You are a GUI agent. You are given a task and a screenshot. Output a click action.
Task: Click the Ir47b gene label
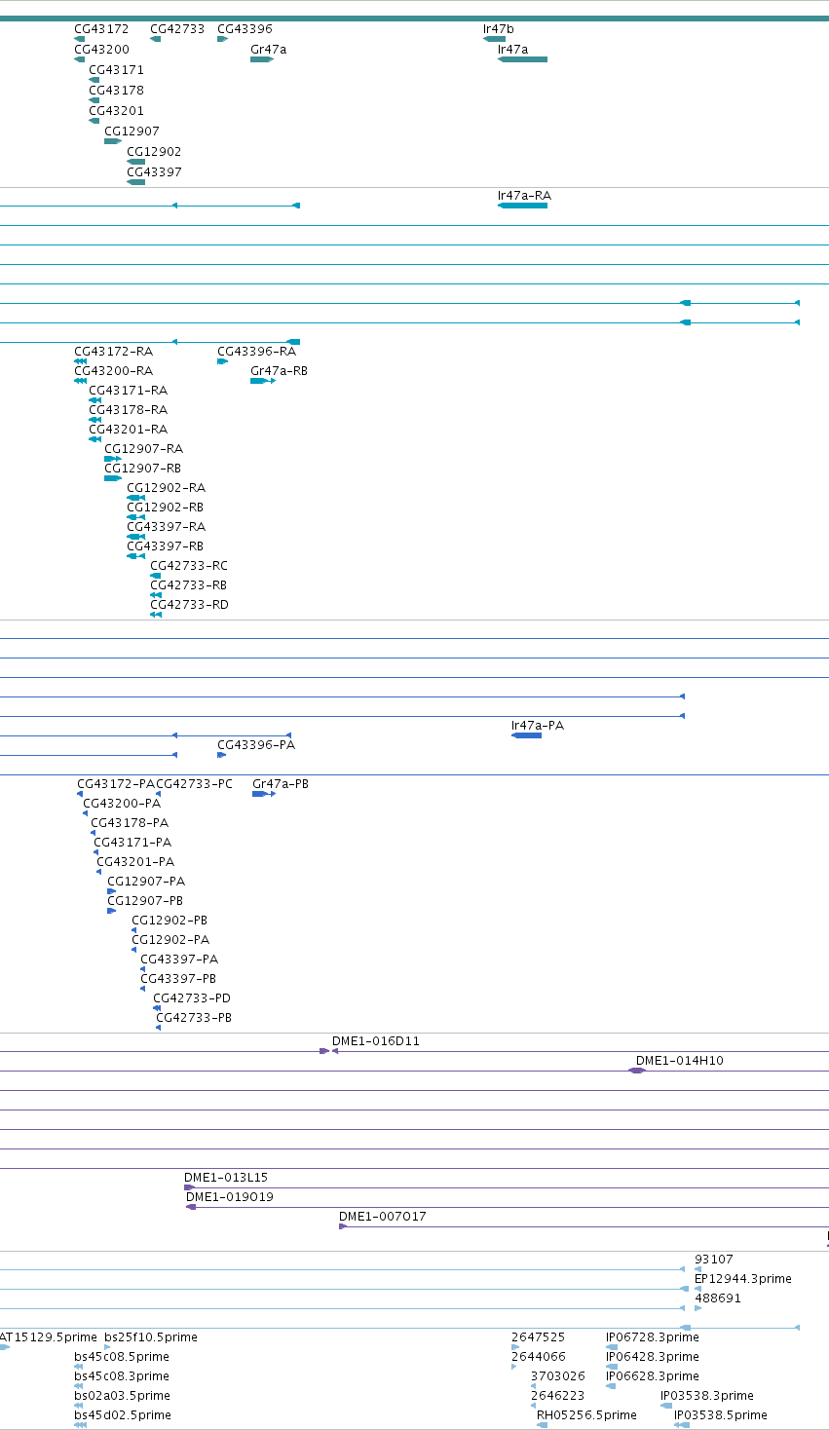coord(498,29)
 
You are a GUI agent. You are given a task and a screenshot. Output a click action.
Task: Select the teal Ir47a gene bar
coord(523,59)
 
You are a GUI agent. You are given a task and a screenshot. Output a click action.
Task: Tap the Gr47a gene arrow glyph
coord(262,59)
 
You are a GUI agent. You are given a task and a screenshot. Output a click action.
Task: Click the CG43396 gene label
coord(245,29)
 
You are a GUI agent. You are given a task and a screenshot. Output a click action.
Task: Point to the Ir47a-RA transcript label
coord(524,196)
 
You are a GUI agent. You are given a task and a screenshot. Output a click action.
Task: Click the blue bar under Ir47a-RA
coord(523,206)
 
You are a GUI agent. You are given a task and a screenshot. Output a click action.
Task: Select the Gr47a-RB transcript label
coord(279,371)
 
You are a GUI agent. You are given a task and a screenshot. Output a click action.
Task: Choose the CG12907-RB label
coord(142,469)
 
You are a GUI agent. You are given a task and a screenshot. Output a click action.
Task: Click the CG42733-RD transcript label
coord(189,605)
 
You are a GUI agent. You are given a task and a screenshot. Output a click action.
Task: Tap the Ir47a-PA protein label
coord(538,726)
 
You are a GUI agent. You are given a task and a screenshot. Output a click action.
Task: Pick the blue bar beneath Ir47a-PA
coord(526,736)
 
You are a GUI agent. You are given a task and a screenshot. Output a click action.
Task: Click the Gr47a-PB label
coord(281,784)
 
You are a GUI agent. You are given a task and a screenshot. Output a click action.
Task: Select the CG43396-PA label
coord(256,745)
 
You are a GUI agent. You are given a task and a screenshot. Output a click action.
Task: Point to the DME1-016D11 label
coord(375,1041)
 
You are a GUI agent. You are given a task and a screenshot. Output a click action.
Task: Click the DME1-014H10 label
coord(679,1061)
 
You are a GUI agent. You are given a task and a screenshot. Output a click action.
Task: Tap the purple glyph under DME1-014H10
coord(637,1071)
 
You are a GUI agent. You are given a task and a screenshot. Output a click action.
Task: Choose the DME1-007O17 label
coord(382,1217)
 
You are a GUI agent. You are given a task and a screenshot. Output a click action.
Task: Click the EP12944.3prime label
coord(743,1279)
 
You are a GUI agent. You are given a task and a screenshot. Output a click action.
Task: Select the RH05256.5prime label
coord(586,1415)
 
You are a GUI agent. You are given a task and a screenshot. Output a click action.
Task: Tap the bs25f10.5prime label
coord(151,1337)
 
